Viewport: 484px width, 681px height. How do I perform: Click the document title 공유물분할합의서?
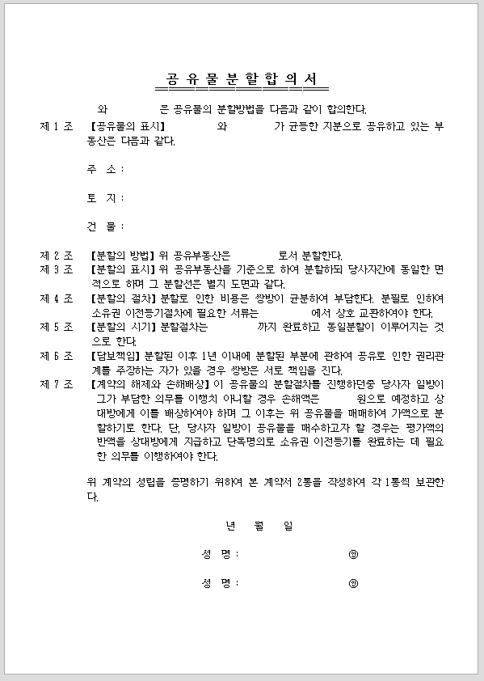(x=242, y=79)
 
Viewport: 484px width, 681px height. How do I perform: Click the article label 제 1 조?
(x=57, y=126)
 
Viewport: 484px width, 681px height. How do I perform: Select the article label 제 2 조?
(x=57, y=255)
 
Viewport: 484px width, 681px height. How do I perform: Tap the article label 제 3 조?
(x=57, y=269)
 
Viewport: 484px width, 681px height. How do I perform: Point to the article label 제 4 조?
(x=57, y=298)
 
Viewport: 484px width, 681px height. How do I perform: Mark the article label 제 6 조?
(x=57, y=356)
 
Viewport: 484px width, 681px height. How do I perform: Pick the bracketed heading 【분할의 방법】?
(x=124, y=255)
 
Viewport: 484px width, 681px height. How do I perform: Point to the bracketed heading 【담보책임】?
(x=118, y=356)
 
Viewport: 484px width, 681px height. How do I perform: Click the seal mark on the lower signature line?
(x=353, y=583)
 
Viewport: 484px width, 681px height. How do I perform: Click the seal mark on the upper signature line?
(x=353, y=554)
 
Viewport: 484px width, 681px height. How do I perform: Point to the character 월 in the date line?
(x=259, y=526)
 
